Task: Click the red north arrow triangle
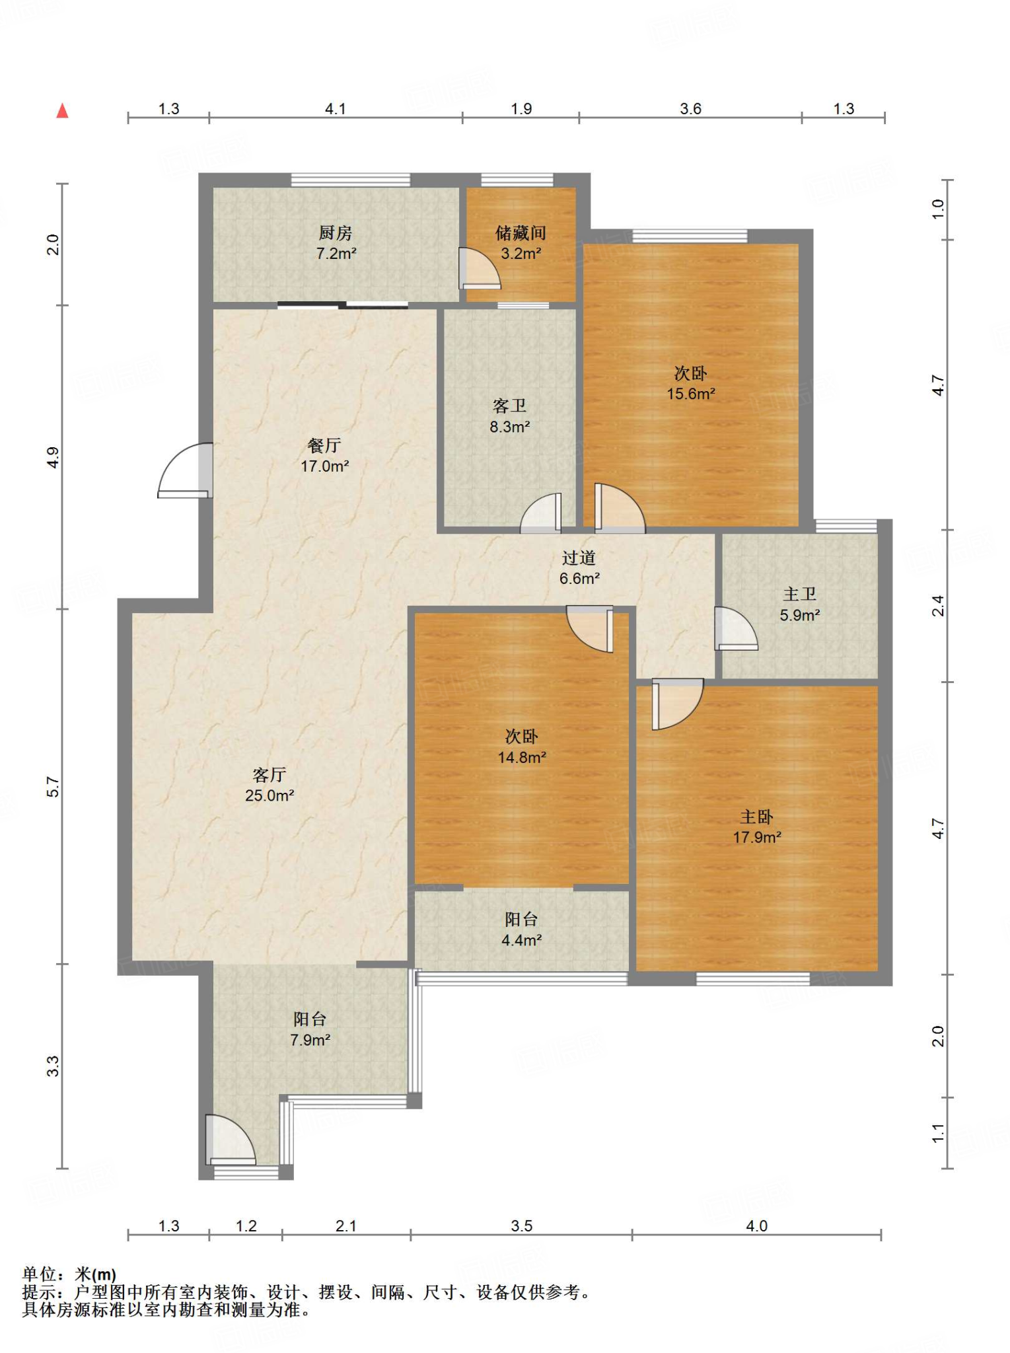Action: [x=63, y=110]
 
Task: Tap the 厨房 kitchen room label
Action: [x=336, y=233]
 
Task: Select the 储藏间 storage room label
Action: [x=521, y=233]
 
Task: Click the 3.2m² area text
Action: [x=521, y=253]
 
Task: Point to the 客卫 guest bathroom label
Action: [x=509, y=406]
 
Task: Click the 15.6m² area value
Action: [x=691, y=394]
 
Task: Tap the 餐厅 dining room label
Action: [x=324, y=445]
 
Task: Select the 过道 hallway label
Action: [x=579, y=558]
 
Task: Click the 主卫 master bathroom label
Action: [x=800, y=595]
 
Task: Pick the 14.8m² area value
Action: [x=522, y=757]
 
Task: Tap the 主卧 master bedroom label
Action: [x=757, y=817]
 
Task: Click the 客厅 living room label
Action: [x=270, y=774]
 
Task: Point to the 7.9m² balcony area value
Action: [x=310, y=1040]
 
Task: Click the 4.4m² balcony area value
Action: [x=522, y=939]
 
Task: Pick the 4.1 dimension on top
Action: [x=336, y=108]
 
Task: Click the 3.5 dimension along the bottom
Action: [x=522, y=1225]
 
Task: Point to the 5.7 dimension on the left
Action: [x=53, y=787]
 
